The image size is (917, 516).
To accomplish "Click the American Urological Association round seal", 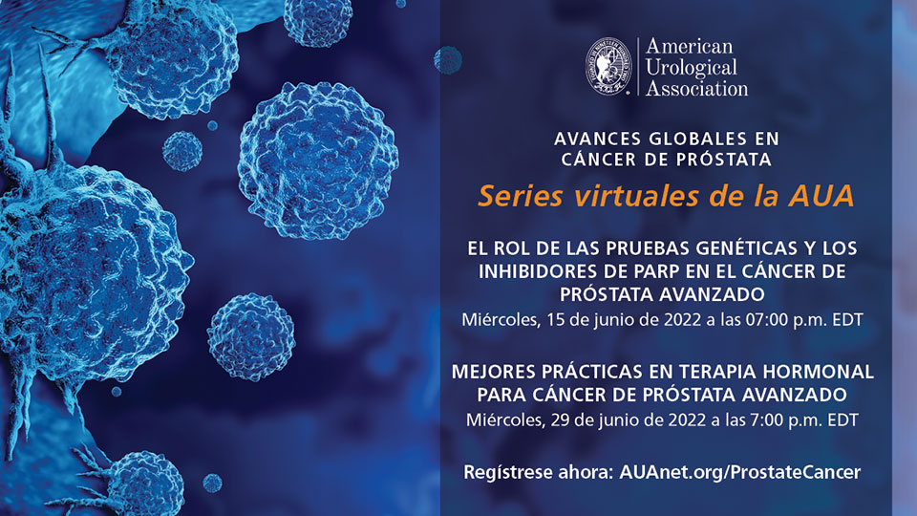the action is point(608,66).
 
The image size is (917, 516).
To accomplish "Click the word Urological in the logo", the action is point(691,67).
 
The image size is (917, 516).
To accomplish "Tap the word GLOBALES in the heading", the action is point(697,139).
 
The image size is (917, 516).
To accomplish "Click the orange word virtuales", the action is point(637,196).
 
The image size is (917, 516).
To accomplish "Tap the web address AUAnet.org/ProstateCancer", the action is point(739,472).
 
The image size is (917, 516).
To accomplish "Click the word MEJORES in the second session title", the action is point(494,372).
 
